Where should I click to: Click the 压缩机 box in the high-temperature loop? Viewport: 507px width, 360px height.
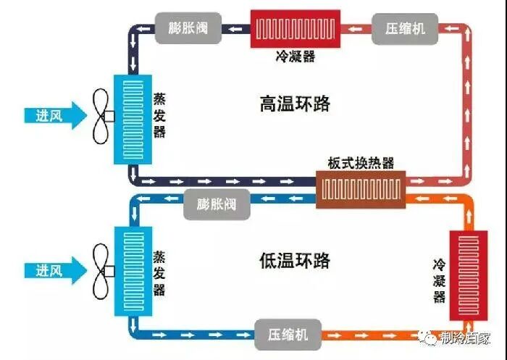401,29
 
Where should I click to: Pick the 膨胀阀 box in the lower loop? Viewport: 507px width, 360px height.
216,203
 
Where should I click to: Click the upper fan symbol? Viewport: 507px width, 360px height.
101,116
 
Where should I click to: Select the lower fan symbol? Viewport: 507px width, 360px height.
101,270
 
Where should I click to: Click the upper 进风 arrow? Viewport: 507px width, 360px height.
53,116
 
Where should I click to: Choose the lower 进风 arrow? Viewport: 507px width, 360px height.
53,271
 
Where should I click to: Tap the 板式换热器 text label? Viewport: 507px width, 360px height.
360,163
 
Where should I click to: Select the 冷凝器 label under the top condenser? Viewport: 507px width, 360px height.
296,56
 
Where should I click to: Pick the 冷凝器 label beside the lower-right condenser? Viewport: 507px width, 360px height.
439,278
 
